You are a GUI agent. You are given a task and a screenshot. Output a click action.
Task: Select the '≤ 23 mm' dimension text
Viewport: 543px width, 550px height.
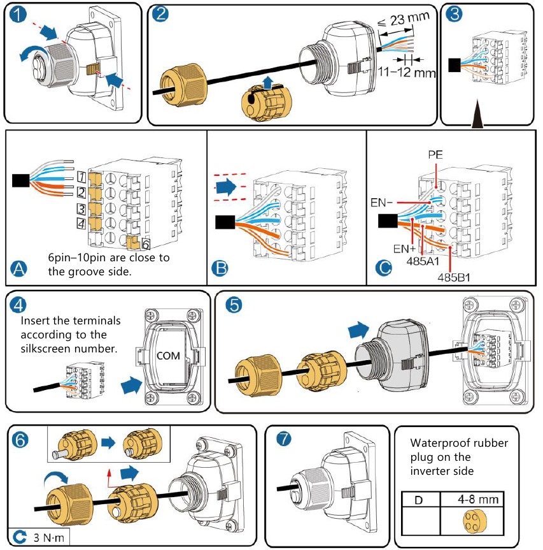(401, 24)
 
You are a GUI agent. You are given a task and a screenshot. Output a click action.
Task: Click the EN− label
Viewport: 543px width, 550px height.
(384, 202)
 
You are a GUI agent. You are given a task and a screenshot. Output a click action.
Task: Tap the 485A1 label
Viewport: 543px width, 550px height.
(420, 261)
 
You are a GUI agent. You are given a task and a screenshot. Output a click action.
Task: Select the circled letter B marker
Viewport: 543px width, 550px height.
(220, 270)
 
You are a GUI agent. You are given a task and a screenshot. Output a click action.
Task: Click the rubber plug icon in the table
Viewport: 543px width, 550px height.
(472, 521)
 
